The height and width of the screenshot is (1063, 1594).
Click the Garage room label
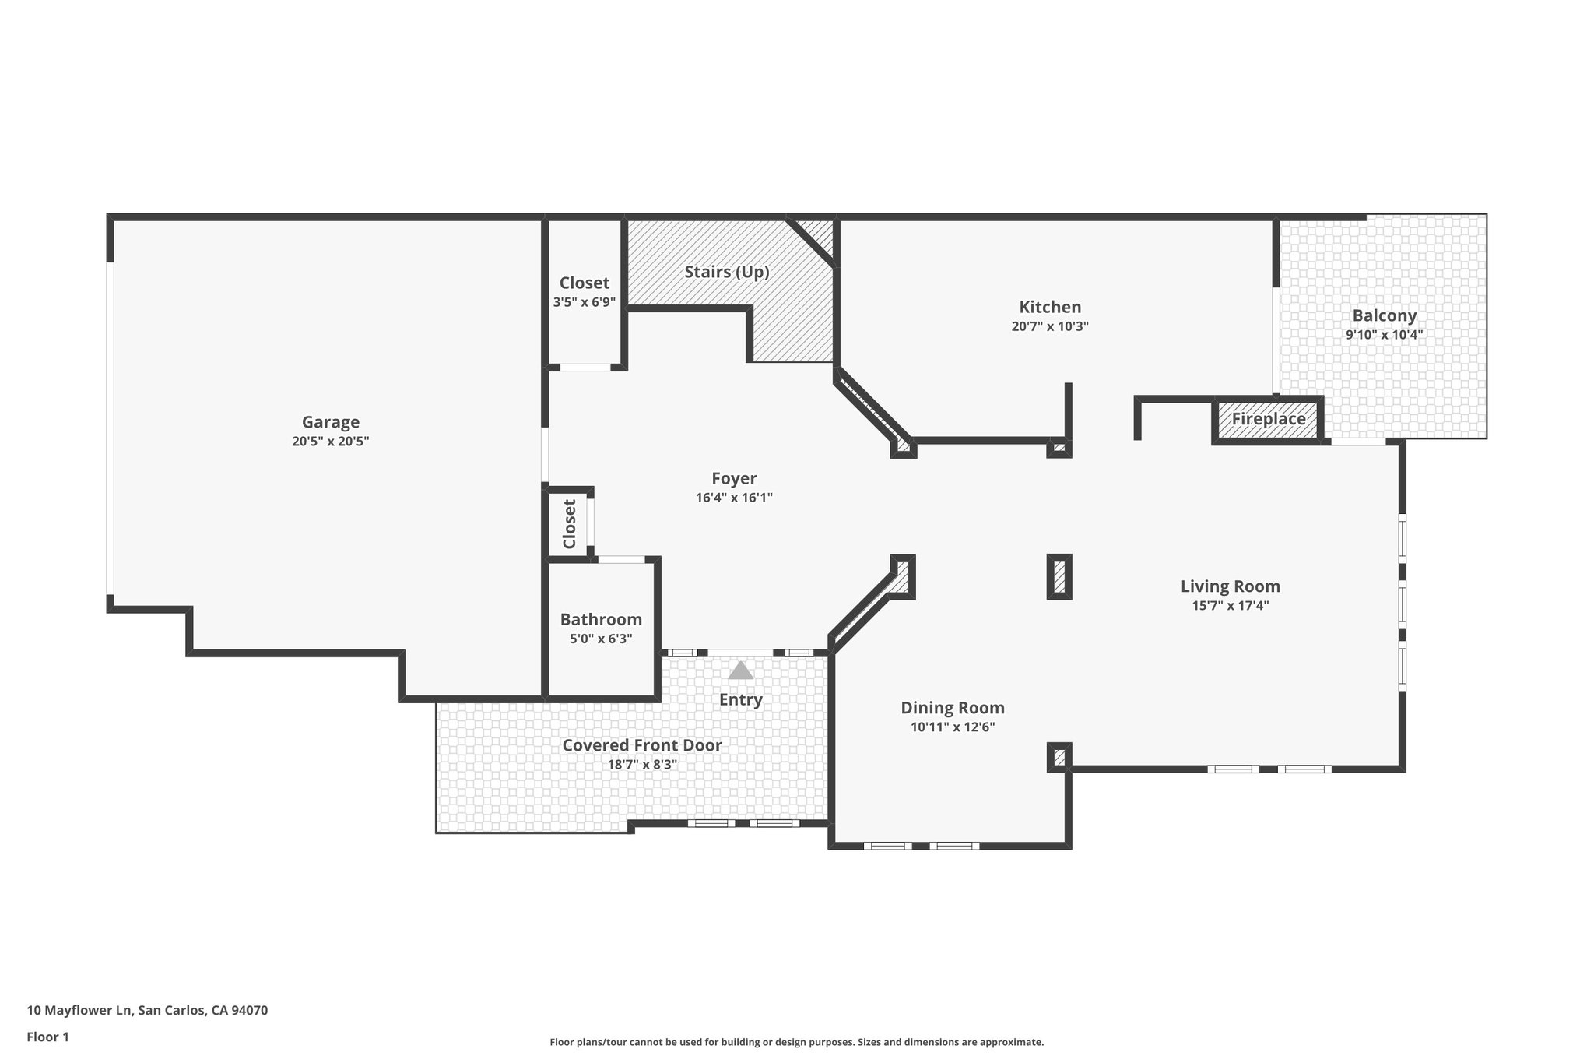coord(331,422)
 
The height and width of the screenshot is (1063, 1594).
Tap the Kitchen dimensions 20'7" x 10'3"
coord(1049,327)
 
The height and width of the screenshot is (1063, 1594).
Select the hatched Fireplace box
coord(1268,419)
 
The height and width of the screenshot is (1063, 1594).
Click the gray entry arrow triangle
coord(740,671)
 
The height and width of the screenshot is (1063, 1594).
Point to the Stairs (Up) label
coord(726,272)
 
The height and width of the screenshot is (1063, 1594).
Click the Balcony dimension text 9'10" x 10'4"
coord(1384,335)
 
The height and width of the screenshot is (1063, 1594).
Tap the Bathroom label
coord(601,619)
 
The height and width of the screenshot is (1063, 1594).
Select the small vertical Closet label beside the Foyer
coord(569,523)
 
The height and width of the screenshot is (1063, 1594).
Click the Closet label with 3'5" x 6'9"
coord(584,283)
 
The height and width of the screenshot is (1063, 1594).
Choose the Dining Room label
coord(952,708)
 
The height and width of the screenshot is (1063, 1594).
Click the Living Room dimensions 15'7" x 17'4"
coord(1230,606)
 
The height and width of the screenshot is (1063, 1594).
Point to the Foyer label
coord(733,478)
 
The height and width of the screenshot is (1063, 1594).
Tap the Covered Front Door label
coord(642,745)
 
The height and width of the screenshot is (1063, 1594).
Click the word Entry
coord(740,699)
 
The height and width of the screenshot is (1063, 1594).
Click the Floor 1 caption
coord(47,1037)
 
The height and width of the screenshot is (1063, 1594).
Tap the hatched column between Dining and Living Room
coord(1059,577)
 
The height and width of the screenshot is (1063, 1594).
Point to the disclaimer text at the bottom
coord(796,1042)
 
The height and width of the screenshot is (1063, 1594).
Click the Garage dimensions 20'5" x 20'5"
coord(331,442)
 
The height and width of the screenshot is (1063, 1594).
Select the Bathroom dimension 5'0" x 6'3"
coord(601,639)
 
